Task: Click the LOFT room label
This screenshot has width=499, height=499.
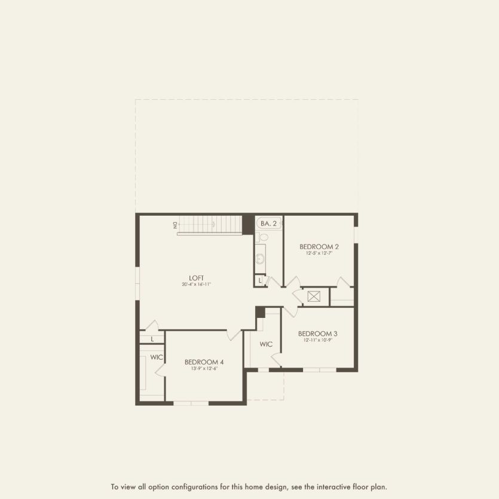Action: [197, 278]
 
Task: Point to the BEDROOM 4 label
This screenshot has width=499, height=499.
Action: [204, 362]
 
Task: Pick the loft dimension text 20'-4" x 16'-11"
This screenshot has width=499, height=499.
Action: [197, 284]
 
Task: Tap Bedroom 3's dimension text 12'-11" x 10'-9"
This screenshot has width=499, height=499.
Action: [318, 340]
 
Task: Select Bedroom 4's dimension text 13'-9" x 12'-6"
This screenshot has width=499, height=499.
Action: [204, 368]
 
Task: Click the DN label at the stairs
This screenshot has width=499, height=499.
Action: [176, 225]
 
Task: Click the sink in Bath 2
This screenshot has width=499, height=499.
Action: [260, 259]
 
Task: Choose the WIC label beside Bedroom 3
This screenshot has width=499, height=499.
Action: [266, 344]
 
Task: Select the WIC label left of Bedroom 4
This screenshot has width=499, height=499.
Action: [157, 357]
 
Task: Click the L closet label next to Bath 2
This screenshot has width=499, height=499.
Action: [260, 280]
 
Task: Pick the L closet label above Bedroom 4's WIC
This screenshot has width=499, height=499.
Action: [152, 339]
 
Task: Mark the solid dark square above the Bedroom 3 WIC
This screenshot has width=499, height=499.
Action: [260, 312]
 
